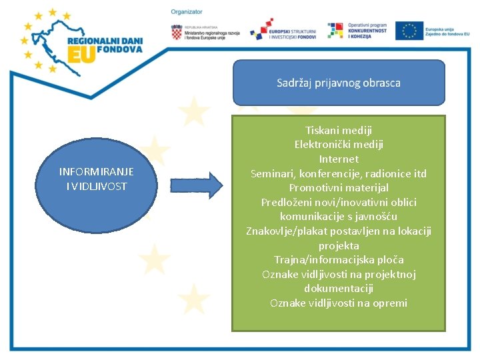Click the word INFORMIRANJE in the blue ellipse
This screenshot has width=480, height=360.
97,172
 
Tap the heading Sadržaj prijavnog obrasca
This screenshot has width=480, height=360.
339,83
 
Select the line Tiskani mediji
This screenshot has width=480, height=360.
339,130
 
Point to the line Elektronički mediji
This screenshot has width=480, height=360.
339,145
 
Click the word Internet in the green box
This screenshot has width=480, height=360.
339,159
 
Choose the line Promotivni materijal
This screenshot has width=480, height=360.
339,188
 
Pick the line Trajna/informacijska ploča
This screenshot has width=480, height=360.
339,260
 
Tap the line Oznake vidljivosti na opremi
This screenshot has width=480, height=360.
339,303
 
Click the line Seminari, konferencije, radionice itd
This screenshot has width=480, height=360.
339,174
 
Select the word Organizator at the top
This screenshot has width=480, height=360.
187,12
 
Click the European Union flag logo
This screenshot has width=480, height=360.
409,31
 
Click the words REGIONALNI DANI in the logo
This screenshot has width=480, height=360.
105,39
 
